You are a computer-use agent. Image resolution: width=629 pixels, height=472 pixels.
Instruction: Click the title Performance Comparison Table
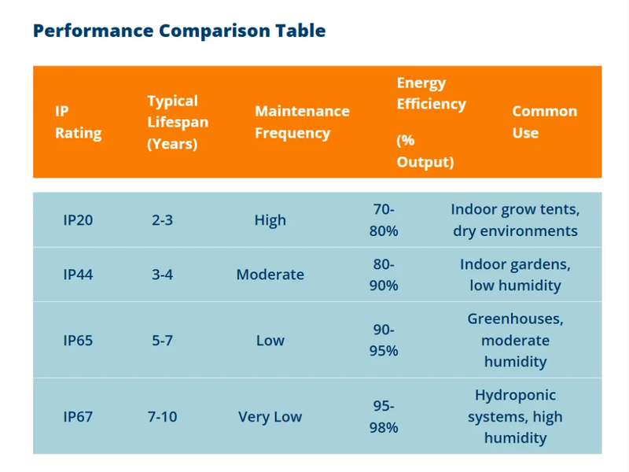pos(179,31)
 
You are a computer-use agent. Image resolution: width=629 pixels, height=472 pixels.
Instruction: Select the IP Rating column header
pos(78,122)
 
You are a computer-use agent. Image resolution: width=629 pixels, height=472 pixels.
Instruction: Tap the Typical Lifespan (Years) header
pos(178,122)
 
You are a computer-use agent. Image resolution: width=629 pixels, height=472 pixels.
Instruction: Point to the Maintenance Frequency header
pos(302,122)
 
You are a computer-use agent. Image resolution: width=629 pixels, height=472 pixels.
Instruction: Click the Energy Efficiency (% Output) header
pos(431,122)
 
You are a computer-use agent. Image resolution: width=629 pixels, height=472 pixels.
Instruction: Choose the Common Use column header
pos(544,122)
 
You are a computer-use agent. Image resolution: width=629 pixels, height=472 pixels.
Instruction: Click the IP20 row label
pos(78,220)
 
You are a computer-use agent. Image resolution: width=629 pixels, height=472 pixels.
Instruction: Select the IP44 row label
pos(78,275)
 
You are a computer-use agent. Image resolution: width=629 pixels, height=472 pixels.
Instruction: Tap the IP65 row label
pos(78,341)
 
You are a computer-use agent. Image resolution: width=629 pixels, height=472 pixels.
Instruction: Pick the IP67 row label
pos(78,417)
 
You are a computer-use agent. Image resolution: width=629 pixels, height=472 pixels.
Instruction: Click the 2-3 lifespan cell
pos(162,220)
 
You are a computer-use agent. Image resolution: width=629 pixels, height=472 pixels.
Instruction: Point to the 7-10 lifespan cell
pos(162,417)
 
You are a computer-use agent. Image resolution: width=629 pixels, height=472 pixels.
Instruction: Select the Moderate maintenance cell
pos(270,275)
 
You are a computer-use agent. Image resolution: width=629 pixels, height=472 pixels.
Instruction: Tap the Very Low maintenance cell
pos(270,417)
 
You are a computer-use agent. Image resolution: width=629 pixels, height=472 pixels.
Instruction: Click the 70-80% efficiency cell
pos(384,220)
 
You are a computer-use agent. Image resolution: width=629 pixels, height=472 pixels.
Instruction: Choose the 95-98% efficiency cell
pos(384,417)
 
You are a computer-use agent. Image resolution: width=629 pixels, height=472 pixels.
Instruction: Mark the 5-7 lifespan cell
pos(162,341)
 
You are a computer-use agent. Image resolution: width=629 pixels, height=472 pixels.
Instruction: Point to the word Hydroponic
pos(515,396)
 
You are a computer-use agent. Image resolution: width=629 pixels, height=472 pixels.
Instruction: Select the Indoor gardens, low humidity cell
pos(515,275)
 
